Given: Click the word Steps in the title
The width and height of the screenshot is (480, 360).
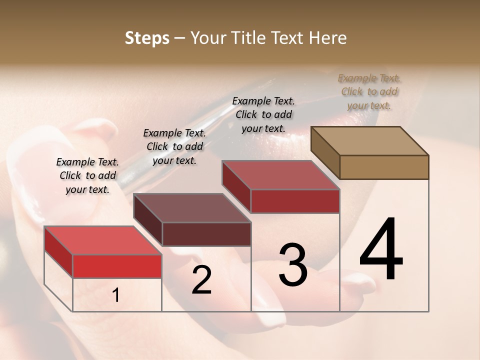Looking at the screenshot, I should [147, 38].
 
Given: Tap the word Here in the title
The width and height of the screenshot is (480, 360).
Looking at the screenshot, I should [328, 38].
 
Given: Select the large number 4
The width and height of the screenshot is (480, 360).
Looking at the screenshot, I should [381, 250].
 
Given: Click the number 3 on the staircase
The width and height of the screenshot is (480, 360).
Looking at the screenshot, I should [293, 265].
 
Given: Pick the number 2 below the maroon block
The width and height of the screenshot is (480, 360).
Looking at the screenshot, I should [201, 280].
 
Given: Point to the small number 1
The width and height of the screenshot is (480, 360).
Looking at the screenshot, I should [116, 295].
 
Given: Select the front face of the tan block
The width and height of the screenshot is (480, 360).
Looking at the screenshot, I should [384, 167].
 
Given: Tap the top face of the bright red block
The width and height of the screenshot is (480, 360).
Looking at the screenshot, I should [102, 240].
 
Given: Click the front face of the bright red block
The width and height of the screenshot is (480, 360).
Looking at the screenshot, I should [117, 266].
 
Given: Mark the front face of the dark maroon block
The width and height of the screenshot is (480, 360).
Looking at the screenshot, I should [206, 234].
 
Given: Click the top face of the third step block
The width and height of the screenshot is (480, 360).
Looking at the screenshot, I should [280, 175].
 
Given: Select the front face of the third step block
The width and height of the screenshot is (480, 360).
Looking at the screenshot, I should [295, 201].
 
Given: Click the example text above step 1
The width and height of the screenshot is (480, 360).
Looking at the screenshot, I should [87, 175].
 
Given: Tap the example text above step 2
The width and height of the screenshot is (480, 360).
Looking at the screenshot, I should [174, 146].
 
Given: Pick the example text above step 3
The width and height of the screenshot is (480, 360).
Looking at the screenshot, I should [263, 114].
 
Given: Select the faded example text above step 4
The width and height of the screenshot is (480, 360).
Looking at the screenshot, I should [369, 91].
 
